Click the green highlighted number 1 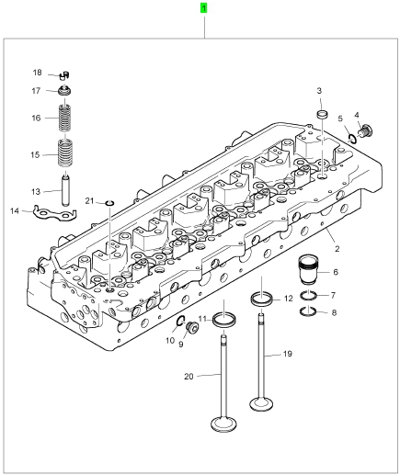[x=203, y=8]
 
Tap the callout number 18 [x=37, y=73]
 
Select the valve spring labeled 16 [x=65, y=118]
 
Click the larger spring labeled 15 [x=65, y=153]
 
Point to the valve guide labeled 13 [x=65, y=190]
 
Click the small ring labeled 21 [x=109, y=203]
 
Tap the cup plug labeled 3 [x=322, y=116]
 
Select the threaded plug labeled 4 [x=366, y=130]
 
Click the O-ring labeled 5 [x=352, y=139]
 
